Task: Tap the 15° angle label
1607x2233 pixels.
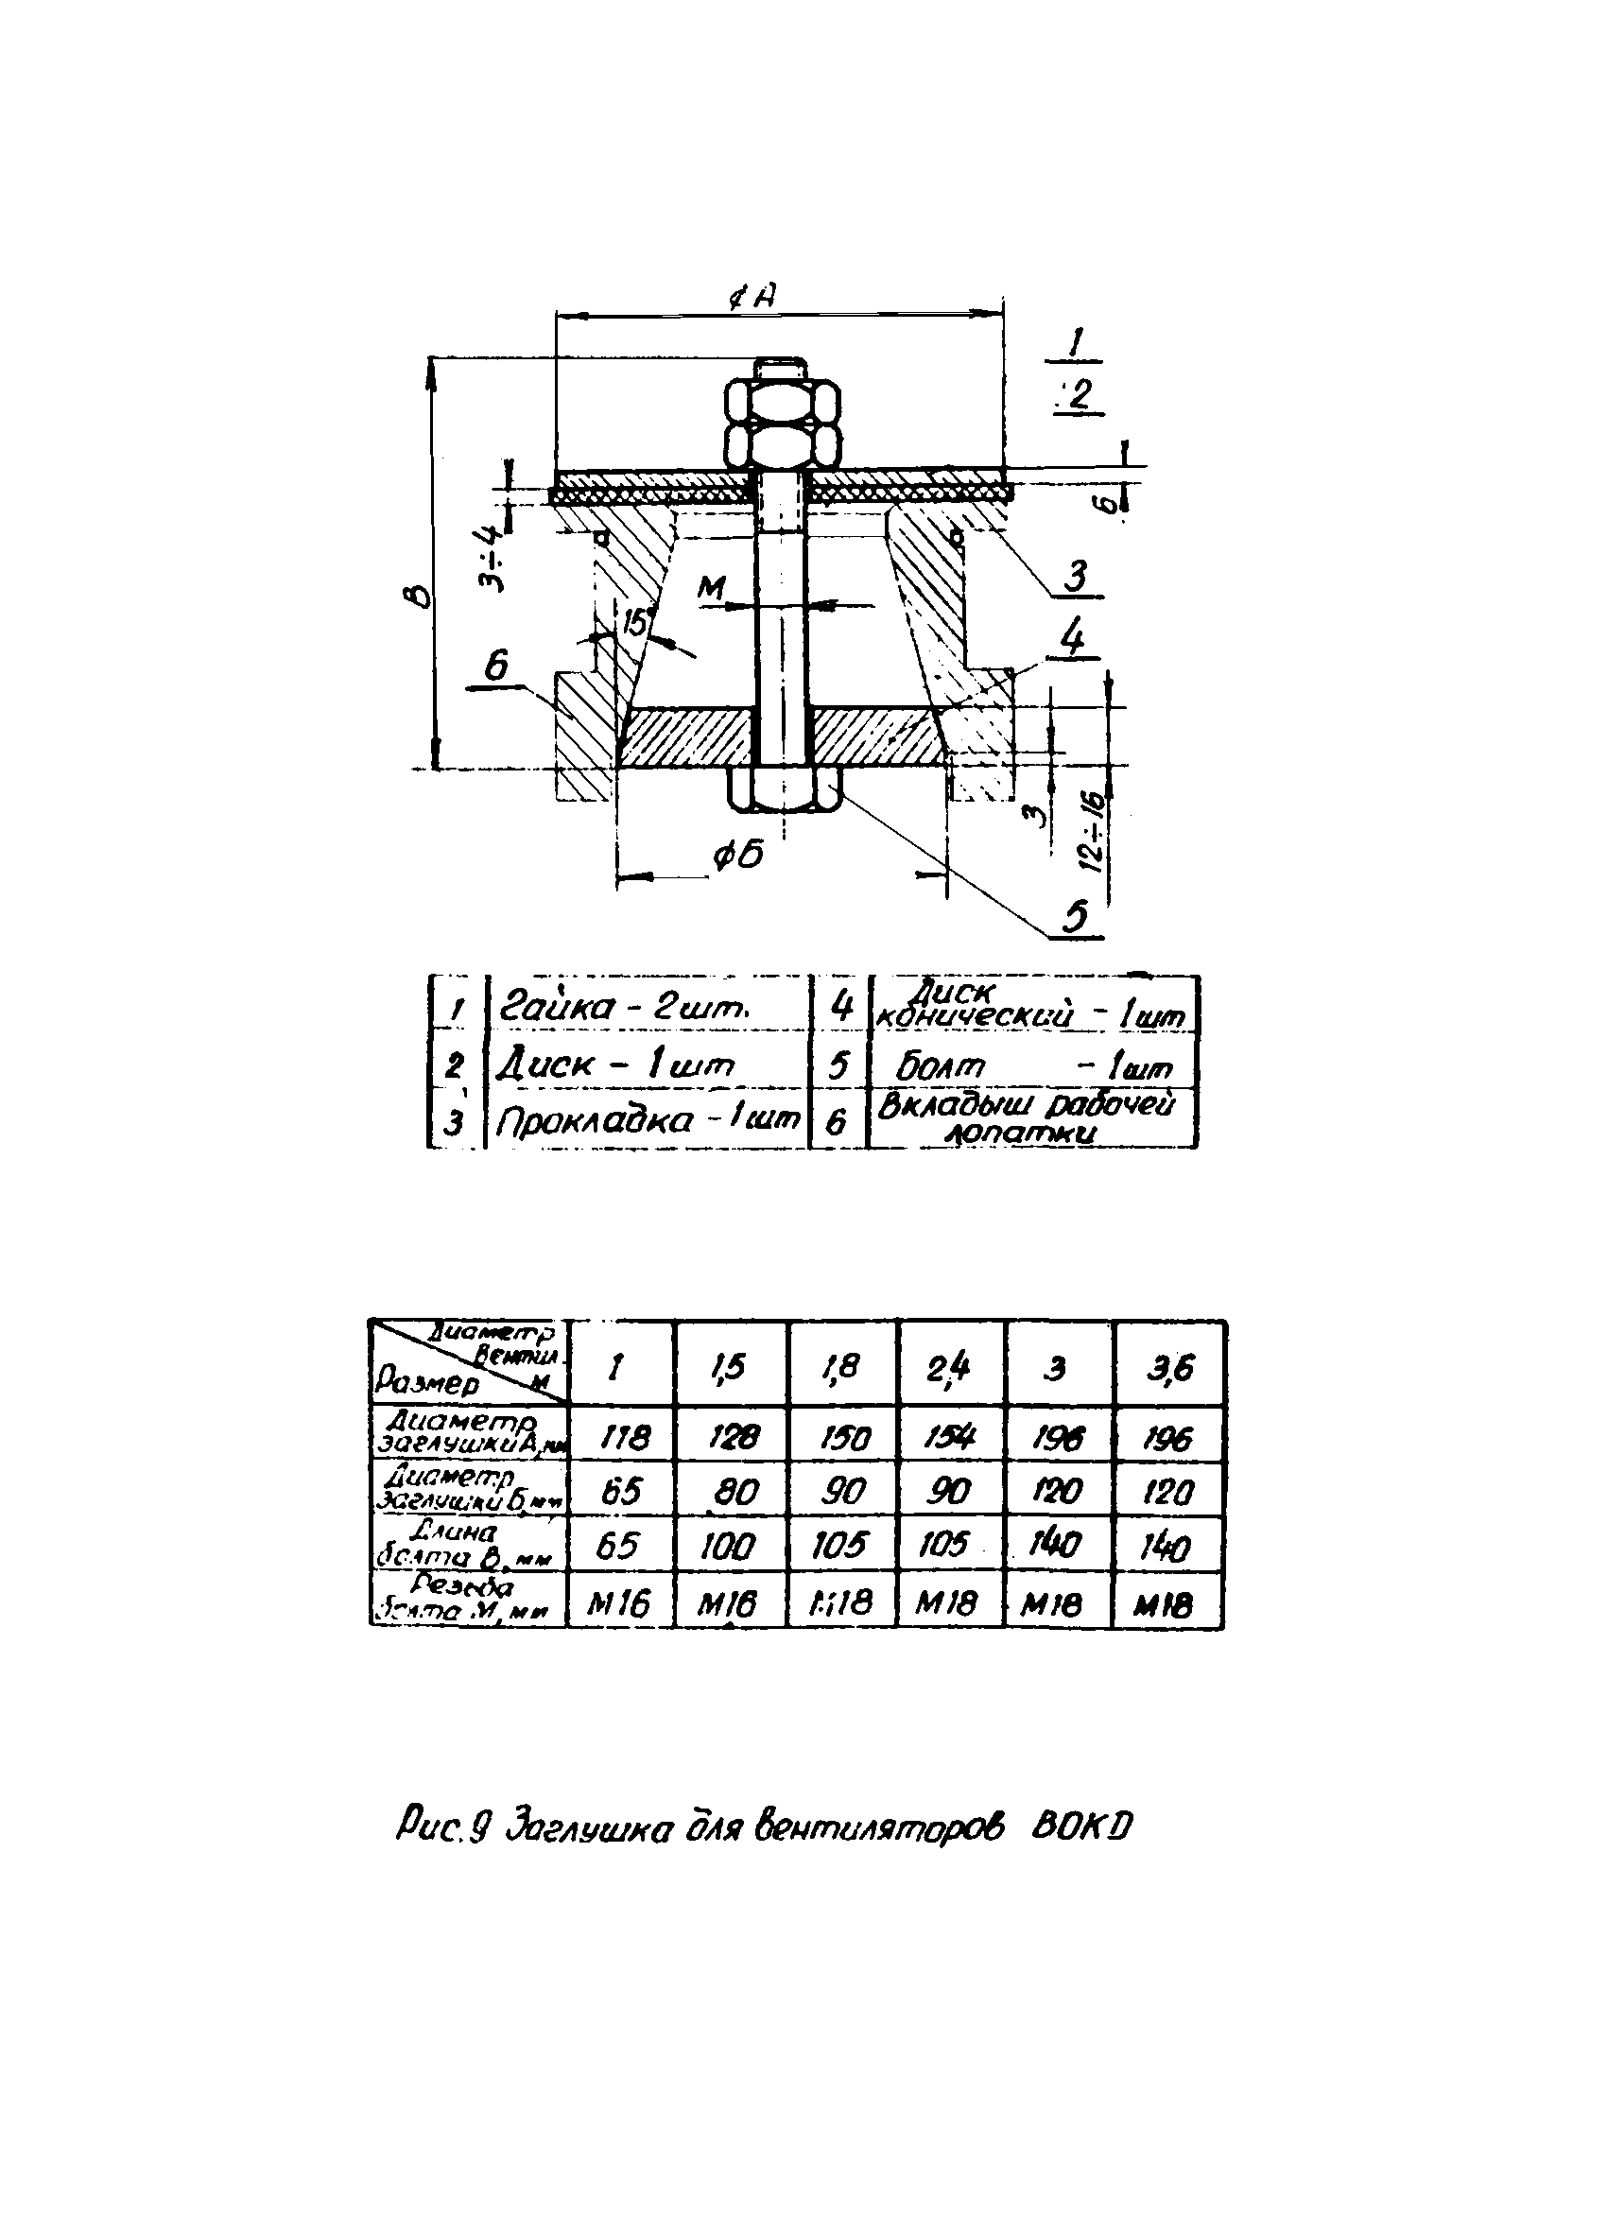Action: (x=637, y=622)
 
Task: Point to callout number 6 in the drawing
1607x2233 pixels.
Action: (x=495, y=666)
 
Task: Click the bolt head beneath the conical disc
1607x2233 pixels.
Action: (x=783, y=788)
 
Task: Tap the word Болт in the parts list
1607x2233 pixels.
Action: (x=940, y=1066)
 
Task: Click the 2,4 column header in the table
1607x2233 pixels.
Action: (x=948, y=1368)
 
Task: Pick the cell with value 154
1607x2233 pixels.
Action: (x=948, y=1440)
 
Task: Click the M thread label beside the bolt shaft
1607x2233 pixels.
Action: (x=710, y=589)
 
